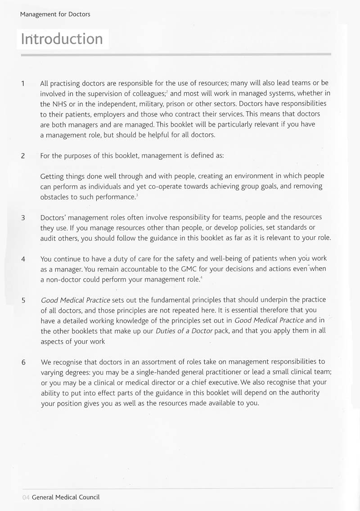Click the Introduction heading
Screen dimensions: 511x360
click(62, 39)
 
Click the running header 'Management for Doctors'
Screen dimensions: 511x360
click(55, 14)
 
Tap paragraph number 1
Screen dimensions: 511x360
click(22, 83)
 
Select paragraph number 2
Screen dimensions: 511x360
click(22, 156)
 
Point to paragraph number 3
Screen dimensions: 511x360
click(22, 217)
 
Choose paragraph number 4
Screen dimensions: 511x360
click(22, 259)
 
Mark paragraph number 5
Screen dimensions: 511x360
click(22, 300)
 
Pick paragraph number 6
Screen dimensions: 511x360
click(22, 362)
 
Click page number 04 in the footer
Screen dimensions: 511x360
click(26, 497)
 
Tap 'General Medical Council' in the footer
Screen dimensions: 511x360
click(66, 497)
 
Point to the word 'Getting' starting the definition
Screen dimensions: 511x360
click(52, 176)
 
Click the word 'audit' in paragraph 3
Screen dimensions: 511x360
click(49, 238)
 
